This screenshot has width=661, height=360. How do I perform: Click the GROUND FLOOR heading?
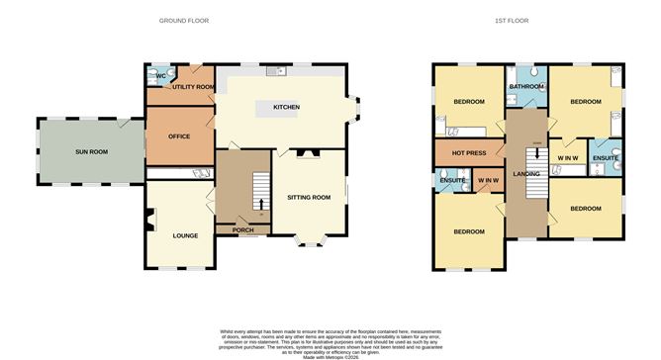[x=184, y=20]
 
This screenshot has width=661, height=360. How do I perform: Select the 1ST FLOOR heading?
[x=529, y=20]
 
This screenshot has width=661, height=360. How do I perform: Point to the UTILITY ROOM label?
[x=193, y=87]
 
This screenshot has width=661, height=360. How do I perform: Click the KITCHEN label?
[x=287, y=107]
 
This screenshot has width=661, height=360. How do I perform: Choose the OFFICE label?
[x=179, y=136]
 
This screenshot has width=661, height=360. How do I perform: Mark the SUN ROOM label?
[x=92, y=152]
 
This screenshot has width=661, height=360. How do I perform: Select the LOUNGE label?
[x=185, y=235]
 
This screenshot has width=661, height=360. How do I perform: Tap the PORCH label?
[x=243, y=230]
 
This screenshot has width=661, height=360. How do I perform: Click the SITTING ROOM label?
[x=309, y=198]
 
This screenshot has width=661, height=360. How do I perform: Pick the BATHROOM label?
[x=527, y=87]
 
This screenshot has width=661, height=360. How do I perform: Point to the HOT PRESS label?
[x=467, y=153]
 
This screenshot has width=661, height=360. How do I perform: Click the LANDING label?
[x=525, y=174]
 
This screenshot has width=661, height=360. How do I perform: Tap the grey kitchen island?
[x=279, y=107]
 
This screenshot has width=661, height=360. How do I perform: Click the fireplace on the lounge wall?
[x=148, y=225]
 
